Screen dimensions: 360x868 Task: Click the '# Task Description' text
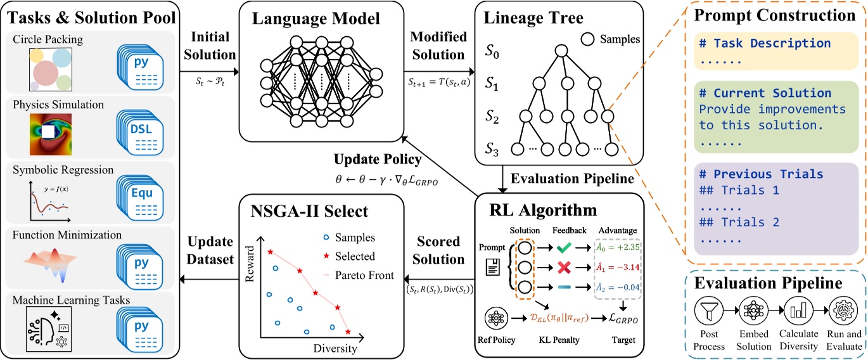765,44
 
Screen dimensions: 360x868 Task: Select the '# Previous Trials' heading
760,174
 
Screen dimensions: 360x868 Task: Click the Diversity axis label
335,349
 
